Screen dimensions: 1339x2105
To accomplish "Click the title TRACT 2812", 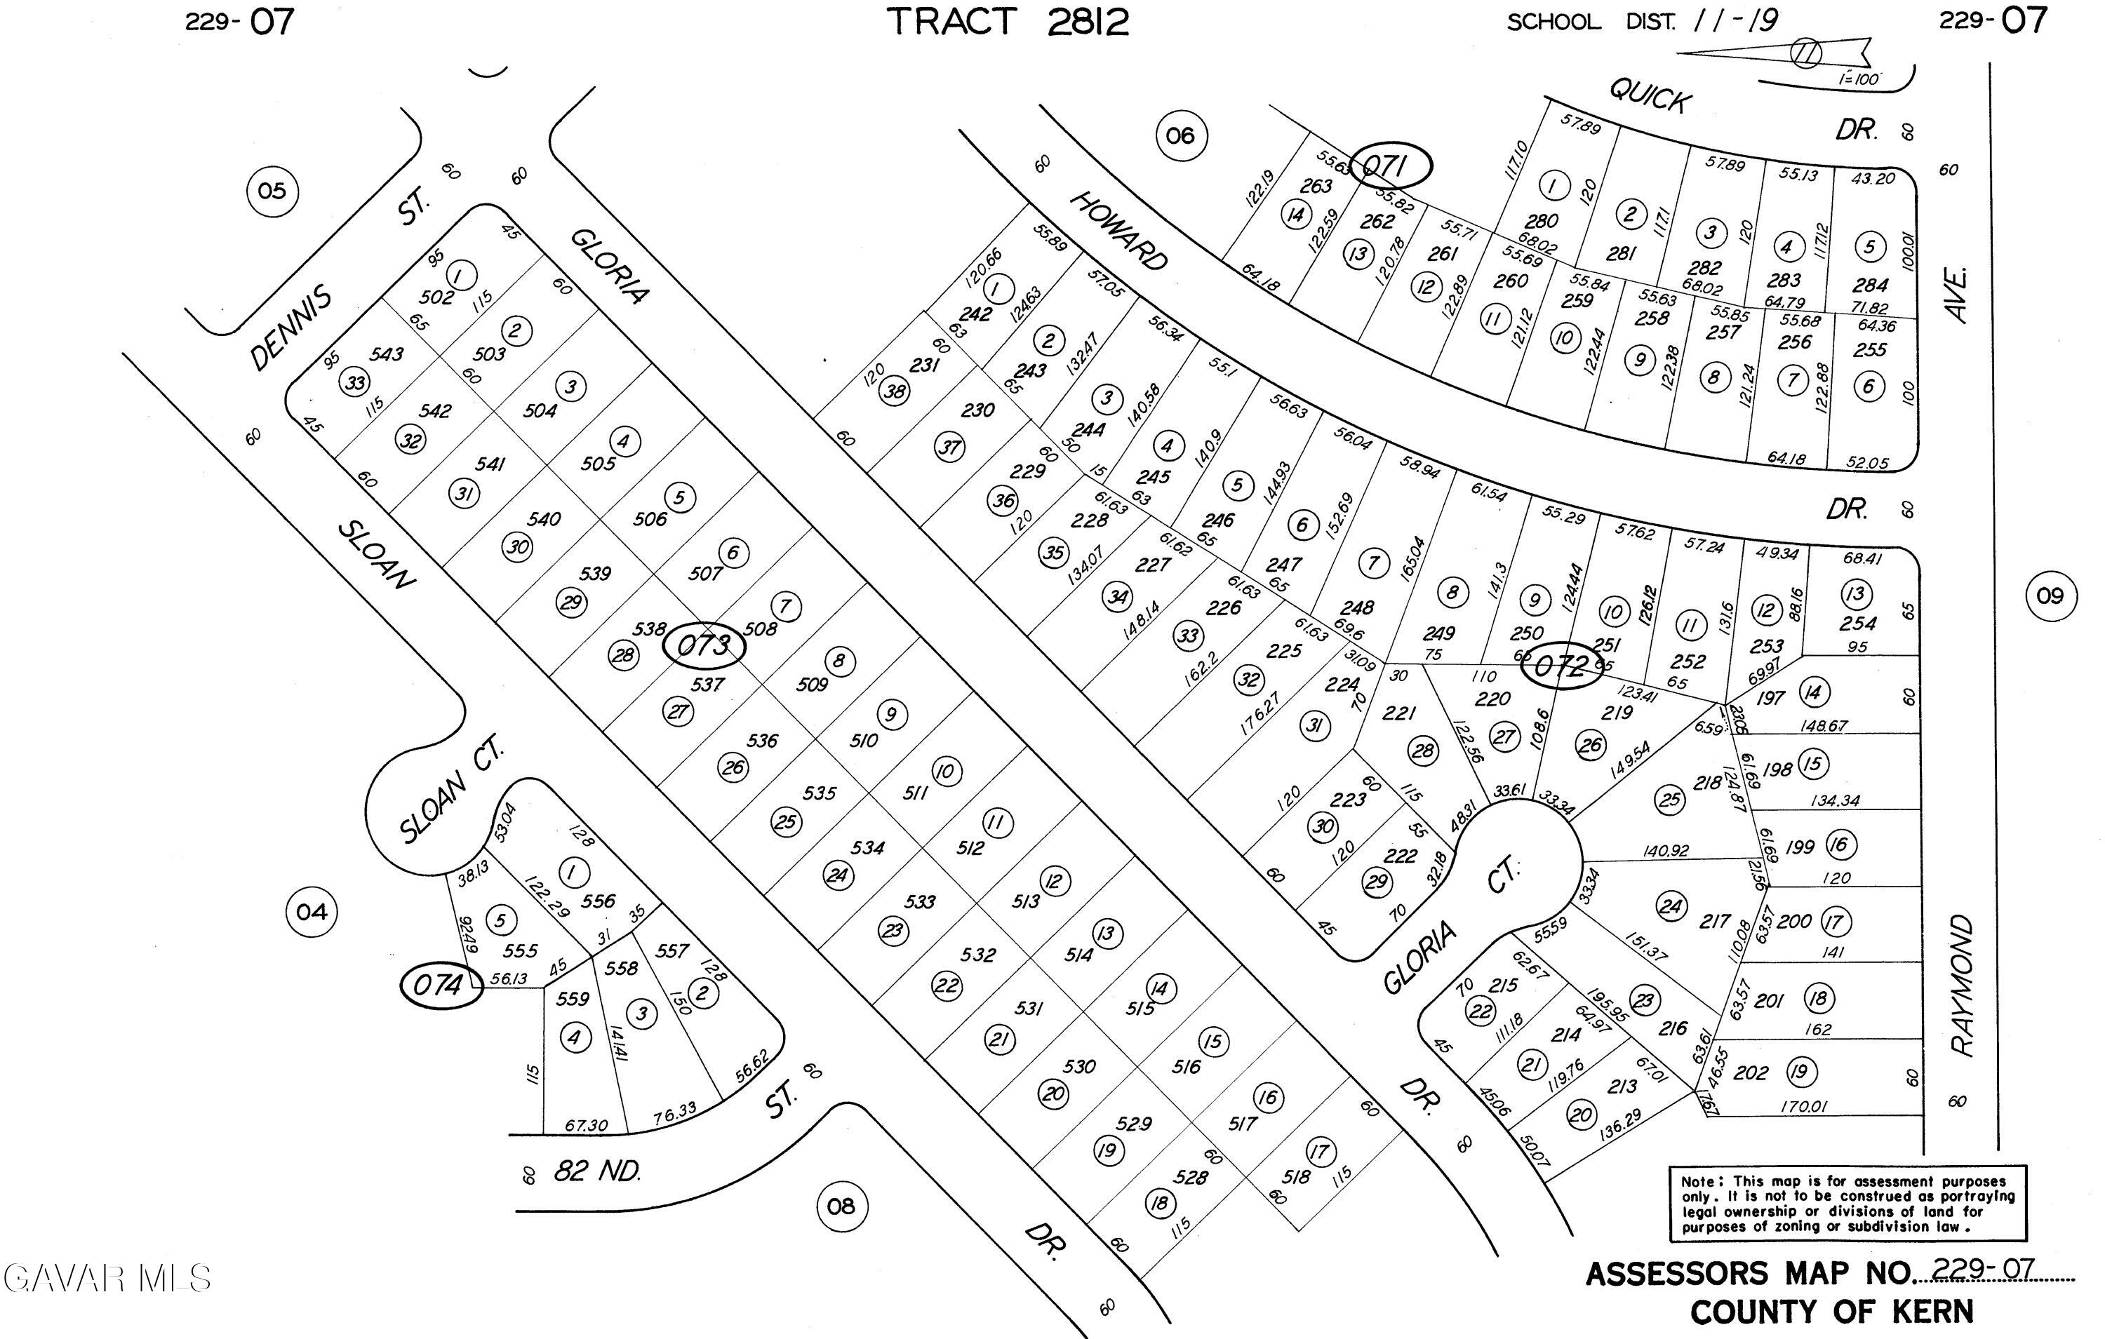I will (1008, 22).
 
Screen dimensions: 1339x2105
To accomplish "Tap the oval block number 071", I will (1390, 166).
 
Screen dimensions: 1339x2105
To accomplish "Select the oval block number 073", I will (704, 647).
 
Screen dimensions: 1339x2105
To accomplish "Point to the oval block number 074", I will (441, 986).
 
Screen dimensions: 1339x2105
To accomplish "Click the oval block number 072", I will (1561, 667).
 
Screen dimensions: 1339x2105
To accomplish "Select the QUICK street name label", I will (1650, 95).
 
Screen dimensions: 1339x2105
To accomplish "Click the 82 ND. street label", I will (597, 1171).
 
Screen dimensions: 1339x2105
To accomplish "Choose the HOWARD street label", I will (1119, 231).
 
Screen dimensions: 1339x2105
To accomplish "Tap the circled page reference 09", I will (2050, 596).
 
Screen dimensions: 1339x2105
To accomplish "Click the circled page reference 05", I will (272, 191).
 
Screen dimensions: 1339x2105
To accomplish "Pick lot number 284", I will (1870, 285).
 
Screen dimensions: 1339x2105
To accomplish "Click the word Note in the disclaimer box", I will (1699, 1180).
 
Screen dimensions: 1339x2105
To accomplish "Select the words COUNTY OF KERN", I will (1831, 1312).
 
